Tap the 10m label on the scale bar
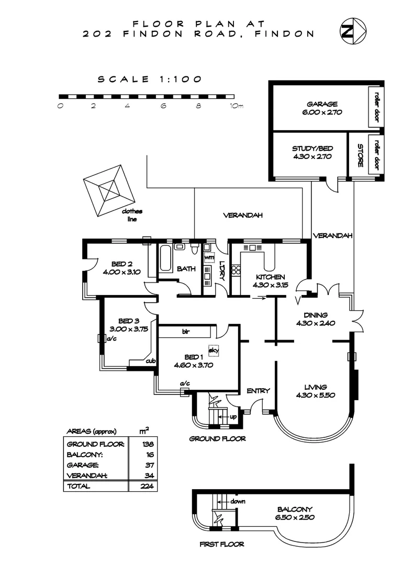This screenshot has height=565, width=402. (x=237, y=106)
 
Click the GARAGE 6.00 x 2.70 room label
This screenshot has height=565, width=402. (x=322, y=108)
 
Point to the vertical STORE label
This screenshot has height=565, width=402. (x=360, y=156)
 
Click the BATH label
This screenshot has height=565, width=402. (x=186, y=269)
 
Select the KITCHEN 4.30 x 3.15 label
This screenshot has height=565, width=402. (x=270, y=281)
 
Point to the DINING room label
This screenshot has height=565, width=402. (x=315, y=319)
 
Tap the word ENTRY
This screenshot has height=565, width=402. (x=258, y=390)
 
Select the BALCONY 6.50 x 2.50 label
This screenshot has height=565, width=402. (x=295, y=513)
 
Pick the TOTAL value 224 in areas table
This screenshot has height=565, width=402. (x=142, y=486)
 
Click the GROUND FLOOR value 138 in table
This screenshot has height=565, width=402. (x=142, y=444)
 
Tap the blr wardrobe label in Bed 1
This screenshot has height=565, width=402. (x=185, y=332)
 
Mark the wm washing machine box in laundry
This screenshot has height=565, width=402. (x=209, y=258)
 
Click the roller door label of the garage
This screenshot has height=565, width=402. (x=376, y=107)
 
